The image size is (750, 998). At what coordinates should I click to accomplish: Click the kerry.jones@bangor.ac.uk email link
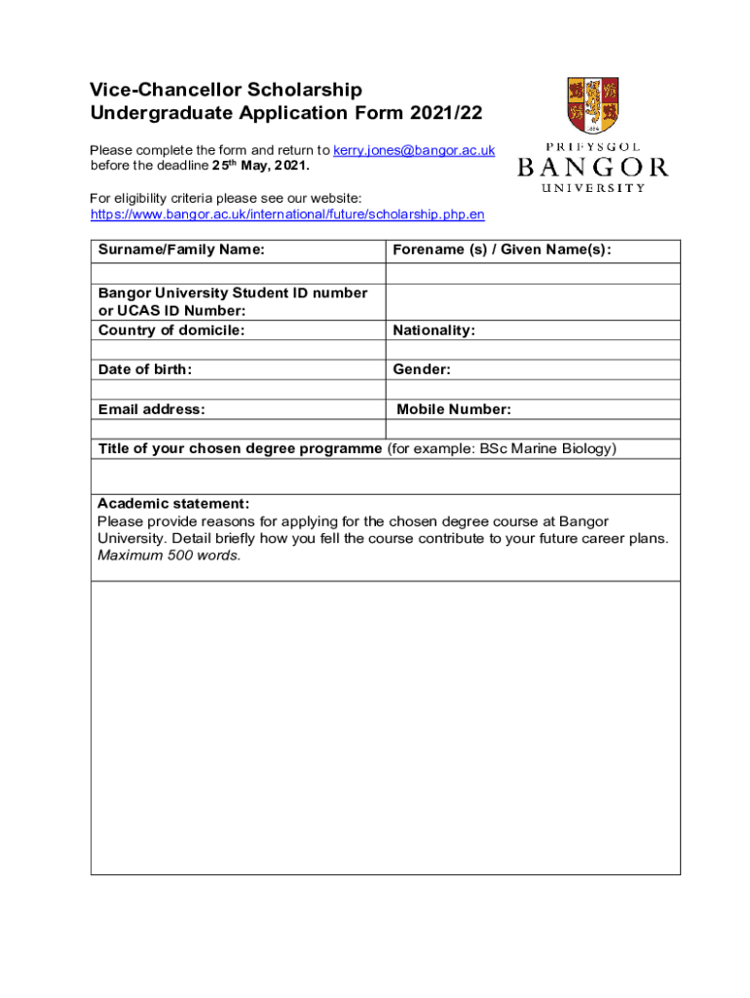pos(414,150)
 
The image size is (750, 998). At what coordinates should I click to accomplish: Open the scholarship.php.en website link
pos(287,213)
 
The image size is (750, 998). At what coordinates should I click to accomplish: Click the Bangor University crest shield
pos(592,106)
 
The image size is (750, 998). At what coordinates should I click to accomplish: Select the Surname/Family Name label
pos(181,250)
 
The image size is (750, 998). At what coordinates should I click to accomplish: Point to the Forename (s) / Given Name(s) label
pos(502,250)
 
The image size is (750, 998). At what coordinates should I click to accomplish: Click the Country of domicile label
pos(171,330)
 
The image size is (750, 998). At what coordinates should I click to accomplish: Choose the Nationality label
pos(433,330)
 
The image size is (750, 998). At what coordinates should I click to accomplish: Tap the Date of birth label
pos(145,369)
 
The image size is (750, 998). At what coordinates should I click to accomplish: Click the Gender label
pos(422,369)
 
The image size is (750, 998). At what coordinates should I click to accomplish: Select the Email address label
pos(151,409)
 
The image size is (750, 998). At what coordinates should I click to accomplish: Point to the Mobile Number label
pos(453,409)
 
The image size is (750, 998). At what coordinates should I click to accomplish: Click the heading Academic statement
pos(173,504)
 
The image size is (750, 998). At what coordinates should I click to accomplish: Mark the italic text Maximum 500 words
pos(169,556)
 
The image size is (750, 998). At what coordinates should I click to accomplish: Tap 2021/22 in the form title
pos(445,113)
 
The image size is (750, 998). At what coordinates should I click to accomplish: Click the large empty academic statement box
pos(385,726)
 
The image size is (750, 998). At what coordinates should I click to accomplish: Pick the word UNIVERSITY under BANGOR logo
pos(592,187)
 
